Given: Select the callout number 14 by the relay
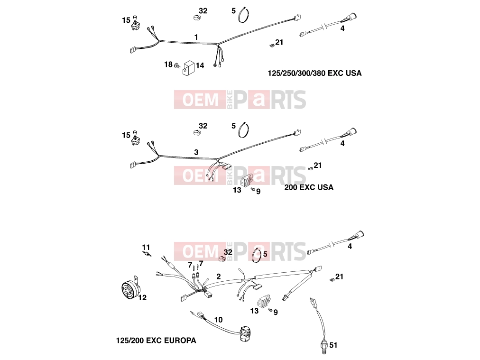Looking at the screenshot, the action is pos(200,65).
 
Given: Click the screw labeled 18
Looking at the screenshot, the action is pos(177,65).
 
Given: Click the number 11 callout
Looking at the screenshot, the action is pos(146,247).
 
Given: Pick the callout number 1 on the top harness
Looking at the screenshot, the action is pos(196,37).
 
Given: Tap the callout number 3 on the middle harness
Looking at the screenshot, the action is pos(196,152).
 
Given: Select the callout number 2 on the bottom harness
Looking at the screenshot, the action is pos(218,277).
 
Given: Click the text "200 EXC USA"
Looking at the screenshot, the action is pos(309,187).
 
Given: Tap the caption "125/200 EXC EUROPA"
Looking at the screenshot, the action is pos(156,341).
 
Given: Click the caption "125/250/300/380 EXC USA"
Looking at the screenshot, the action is pos(314,73).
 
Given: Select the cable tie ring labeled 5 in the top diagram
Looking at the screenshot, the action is pos(244,15).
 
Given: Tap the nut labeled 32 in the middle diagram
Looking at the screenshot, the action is pos(196,132).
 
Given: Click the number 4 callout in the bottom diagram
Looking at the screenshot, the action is pos(350,246).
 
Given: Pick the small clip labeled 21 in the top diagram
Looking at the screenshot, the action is pos(271,46).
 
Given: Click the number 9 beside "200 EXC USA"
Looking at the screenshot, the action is pos(258,192).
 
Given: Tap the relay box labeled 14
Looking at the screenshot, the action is pos(189,68).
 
